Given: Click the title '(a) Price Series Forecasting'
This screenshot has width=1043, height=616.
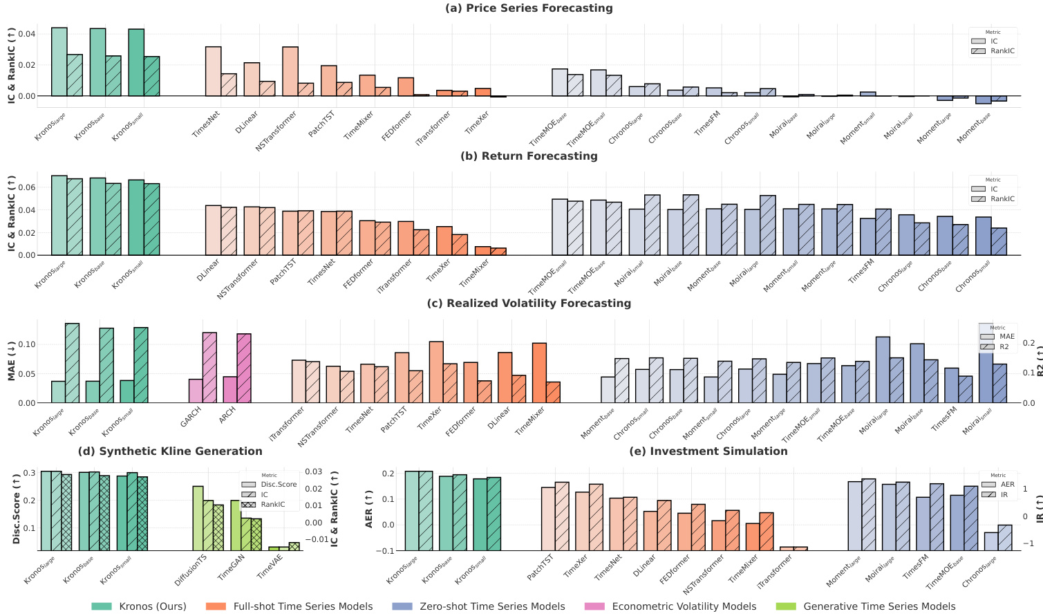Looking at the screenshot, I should [x=529, y=8].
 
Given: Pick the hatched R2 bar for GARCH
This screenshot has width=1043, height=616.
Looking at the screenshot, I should [x=209, y=367].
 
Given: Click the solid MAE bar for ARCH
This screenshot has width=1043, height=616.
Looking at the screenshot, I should [x=229, y=390].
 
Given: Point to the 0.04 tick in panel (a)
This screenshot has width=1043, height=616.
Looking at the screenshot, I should [x=25, y=34].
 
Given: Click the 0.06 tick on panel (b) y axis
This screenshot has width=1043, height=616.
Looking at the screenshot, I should [x=25, y=187].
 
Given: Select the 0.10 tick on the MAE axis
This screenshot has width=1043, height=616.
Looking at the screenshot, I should [x=25, y=344].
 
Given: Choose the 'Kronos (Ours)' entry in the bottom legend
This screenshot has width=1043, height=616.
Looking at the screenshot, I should [x=152, y=606].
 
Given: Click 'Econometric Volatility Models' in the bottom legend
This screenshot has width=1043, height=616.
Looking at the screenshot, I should [x=684, y=606].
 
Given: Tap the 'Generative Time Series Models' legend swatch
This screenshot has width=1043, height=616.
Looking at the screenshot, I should [x=787, y=606].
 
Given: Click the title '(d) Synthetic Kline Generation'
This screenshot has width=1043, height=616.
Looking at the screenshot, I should [x=170, y=451].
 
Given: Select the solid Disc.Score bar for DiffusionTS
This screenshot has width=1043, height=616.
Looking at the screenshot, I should [x=198, y=518].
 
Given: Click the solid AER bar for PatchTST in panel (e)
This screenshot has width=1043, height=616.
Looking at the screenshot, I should [x=548, y=519].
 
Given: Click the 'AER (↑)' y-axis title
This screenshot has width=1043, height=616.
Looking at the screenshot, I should [x=369, y=509].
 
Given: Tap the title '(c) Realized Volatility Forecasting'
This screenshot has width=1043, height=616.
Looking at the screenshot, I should [x=529, y=303].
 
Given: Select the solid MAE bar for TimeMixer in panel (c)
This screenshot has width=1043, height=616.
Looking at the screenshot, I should [x=539, y=373].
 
